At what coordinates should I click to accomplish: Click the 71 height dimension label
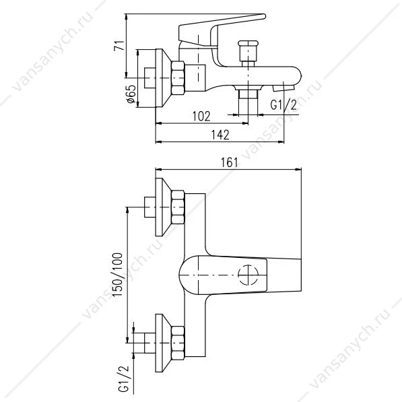pyautogui.click(x=119, y=45)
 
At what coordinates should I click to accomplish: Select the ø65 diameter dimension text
pyautogui.click(x=131, y=94)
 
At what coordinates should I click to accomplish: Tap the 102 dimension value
pyautogui.click(x=201, y=116)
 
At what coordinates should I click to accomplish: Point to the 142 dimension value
pyautogui.click(x=220, y=135)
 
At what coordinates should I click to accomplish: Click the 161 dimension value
pyautogui.click(x=229, y=162)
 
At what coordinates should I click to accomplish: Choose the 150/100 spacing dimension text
pyautogui.click(x=118, y=275)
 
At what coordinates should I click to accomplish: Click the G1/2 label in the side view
pyautogui.click(x=283, y=105)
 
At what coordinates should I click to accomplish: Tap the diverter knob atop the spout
pyautogui.click(x=248, y=51)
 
